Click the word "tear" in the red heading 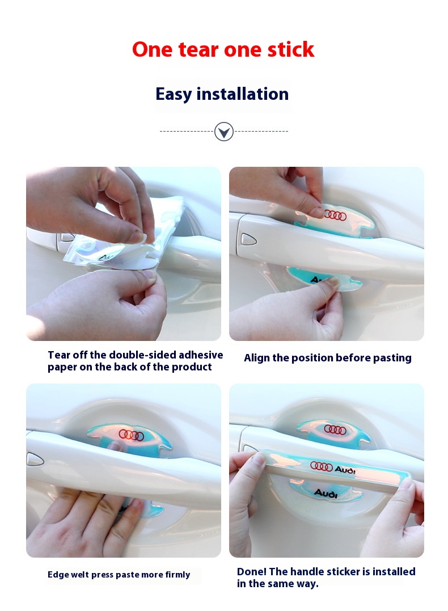[198, 50]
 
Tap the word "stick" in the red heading [290, 49]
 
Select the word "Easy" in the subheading [174, 95]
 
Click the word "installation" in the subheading [243, 94]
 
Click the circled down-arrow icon [224, 131]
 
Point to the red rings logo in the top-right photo [335, 215]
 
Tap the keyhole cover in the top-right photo [249, 239]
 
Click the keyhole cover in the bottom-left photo [35, 459]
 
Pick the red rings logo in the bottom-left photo [132, 435]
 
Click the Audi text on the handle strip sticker [345, 470]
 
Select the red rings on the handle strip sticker [322, 466]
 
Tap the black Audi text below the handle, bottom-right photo [326, 494]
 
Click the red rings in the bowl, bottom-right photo [335, 430]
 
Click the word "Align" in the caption [257, 358]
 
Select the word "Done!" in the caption [252, 572]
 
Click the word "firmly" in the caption [177, 575]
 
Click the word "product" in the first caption [192, 367]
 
